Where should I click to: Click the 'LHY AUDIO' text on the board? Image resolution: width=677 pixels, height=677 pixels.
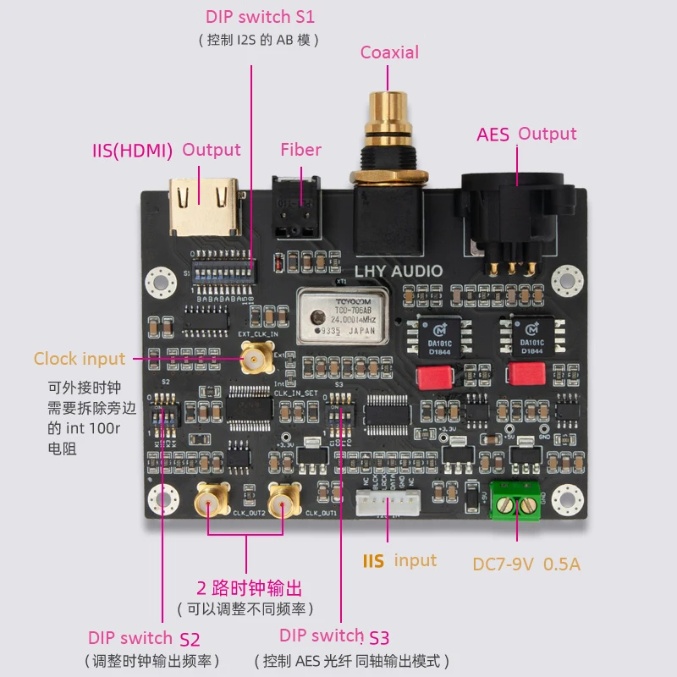[398, 272]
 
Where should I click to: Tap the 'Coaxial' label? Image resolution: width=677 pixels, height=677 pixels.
[389, 52]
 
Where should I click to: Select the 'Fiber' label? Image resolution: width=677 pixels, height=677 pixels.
[301, 150]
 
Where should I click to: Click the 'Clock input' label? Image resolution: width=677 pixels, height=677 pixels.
[80, 359]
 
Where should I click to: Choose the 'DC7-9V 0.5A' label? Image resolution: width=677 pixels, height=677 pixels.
[526, 564]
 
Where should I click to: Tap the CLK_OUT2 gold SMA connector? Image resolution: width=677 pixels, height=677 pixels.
[212, 504]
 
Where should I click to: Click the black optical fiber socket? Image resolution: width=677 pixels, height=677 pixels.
[292, 206]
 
